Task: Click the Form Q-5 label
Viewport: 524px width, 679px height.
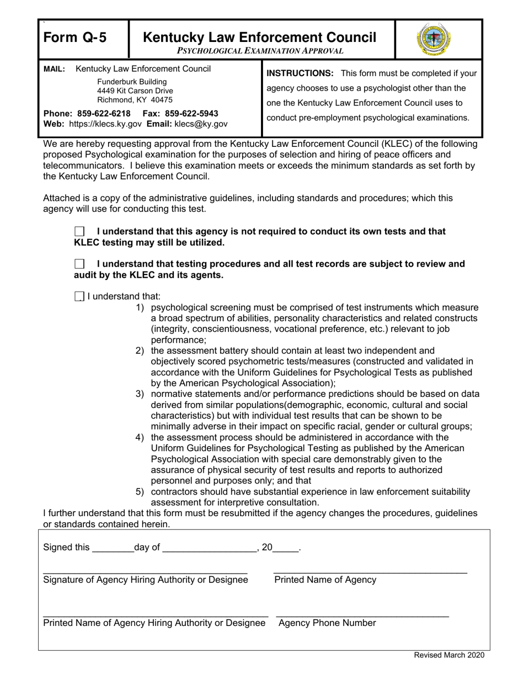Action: click(x=76, y=38)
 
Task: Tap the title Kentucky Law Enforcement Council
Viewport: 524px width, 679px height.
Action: click(x=260, y=37)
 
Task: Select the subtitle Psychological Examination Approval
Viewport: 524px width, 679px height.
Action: click(x=260, y=51)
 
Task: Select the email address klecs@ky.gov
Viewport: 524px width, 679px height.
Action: click(x=201, y=124)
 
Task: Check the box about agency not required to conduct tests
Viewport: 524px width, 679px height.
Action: click(x=79, y=232)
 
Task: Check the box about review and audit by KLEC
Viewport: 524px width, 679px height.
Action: click(x=79, y=264)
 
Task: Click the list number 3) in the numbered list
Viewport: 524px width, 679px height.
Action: click(x=140, y=394)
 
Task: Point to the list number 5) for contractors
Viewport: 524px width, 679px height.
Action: click(x=140, y=492)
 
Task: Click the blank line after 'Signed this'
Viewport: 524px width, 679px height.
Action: click(x=113, y=549)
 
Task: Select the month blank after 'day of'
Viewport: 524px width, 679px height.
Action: click(x=210, y=549)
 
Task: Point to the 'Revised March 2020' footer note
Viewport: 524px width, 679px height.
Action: click(x=450, y=655)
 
